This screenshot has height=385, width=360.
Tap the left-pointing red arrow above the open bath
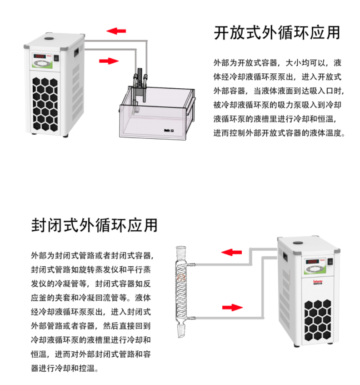coord(116,31)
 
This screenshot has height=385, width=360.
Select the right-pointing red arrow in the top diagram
coord(109,61)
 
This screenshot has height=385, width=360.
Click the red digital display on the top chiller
coord(40,57)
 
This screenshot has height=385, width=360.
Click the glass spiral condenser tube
coord(182,291)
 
